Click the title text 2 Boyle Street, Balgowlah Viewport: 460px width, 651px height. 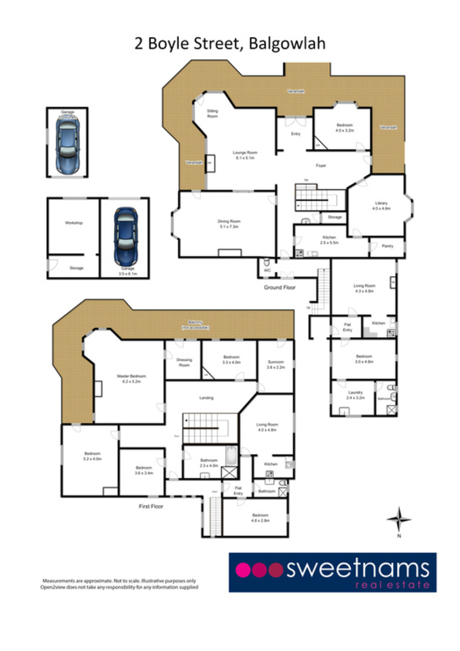coord(230,44)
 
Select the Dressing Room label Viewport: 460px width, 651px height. coord(183,362)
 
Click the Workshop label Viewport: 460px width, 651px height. coord(74,222)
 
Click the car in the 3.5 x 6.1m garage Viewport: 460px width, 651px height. coord(125,234)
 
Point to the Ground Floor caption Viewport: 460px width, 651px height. coord(279,287)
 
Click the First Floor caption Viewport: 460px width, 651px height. coord(151,507)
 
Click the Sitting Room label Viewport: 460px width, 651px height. coord(213,114)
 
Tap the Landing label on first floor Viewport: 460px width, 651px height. coord(206,398)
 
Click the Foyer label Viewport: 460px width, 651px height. coord(321,166)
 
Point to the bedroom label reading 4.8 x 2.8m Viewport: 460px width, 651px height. coord(260,517)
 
